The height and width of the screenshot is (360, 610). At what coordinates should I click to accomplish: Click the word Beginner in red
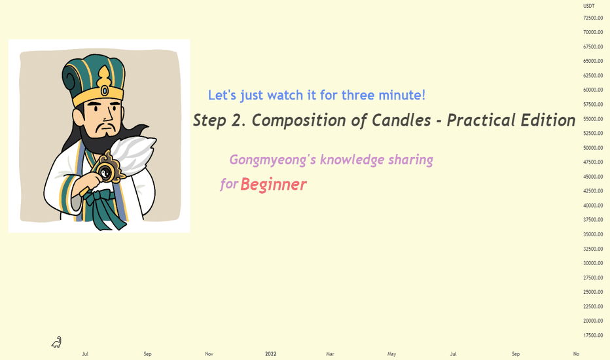point(274,185)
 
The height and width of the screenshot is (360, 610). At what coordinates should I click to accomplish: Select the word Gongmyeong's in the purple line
point(273,160)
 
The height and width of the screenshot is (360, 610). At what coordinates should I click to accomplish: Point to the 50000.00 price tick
point(593,148)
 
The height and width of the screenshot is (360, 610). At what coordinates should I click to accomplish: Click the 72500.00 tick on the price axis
point(593,18)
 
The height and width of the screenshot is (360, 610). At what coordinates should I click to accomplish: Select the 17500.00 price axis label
point(593,335)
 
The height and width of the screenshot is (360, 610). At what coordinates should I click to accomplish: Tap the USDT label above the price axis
point(589,6)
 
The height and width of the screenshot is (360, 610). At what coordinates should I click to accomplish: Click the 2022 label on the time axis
point(271,353)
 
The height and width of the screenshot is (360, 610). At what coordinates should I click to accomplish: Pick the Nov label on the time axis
point(209,353)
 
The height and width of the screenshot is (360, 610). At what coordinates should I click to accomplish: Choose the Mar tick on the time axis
point(330,353)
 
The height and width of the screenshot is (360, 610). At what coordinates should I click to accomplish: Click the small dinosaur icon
point(56,342)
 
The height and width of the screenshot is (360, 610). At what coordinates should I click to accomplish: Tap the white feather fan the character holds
point(132,154)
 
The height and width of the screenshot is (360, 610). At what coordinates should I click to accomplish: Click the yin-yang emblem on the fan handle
point(105,171)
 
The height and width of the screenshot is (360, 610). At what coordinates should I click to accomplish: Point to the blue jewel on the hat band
point(105,91)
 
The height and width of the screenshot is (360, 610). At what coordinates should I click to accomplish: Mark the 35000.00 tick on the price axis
point(593,234)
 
